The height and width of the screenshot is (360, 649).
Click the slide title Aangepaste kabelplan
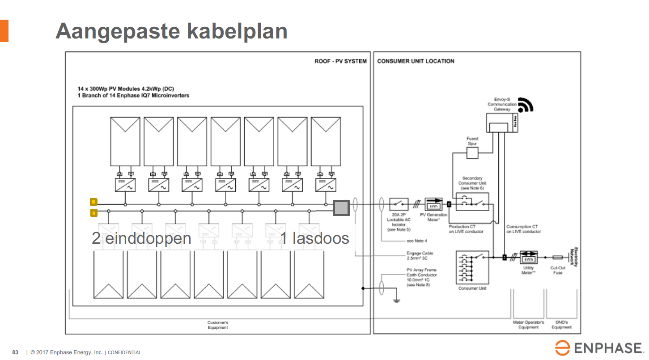[x=171, y=31]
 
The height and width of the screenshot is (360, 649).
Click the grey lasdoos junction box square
[x=341, y=207]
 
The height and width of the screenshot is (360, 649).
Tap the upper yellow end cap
[x=93, y=202]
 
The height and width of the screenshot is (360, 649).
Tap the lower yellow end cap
[x=93, y=212]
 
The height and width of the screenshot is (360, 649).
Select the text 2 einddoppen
[x=141, y=238]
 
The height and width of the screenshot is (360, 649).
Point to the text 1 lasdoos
[x=314, y=238]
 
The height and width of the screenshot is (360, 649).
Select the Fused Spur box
[x=472, y=153]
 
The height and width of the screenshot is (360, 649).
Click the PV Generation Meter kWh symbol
[x=433, y=204]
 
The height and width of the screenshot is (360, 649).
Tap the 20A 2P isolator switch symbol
[x=399, y=204]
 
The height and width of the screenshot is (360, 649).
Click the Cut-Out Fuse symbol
[x=557, y=258]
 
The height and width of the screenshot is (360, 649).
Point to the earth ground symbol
[x=396, y=301]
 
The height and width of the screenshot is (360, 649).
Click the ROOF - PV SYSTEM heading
[x=340, y=61]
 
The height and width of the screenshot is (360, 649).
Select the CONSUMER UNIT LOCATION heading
[x=416, y=61]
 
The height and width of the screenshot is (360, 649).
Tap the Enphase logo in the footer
[x=599, y=348]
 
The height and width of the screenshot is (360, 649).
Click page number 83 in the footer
[x=15, y=352]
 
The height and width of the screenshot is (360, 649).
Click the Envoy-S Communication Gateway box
[x=501, y=123]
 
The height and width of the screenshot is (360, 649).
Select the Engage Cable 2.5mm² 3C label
[x=420, y=256]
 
